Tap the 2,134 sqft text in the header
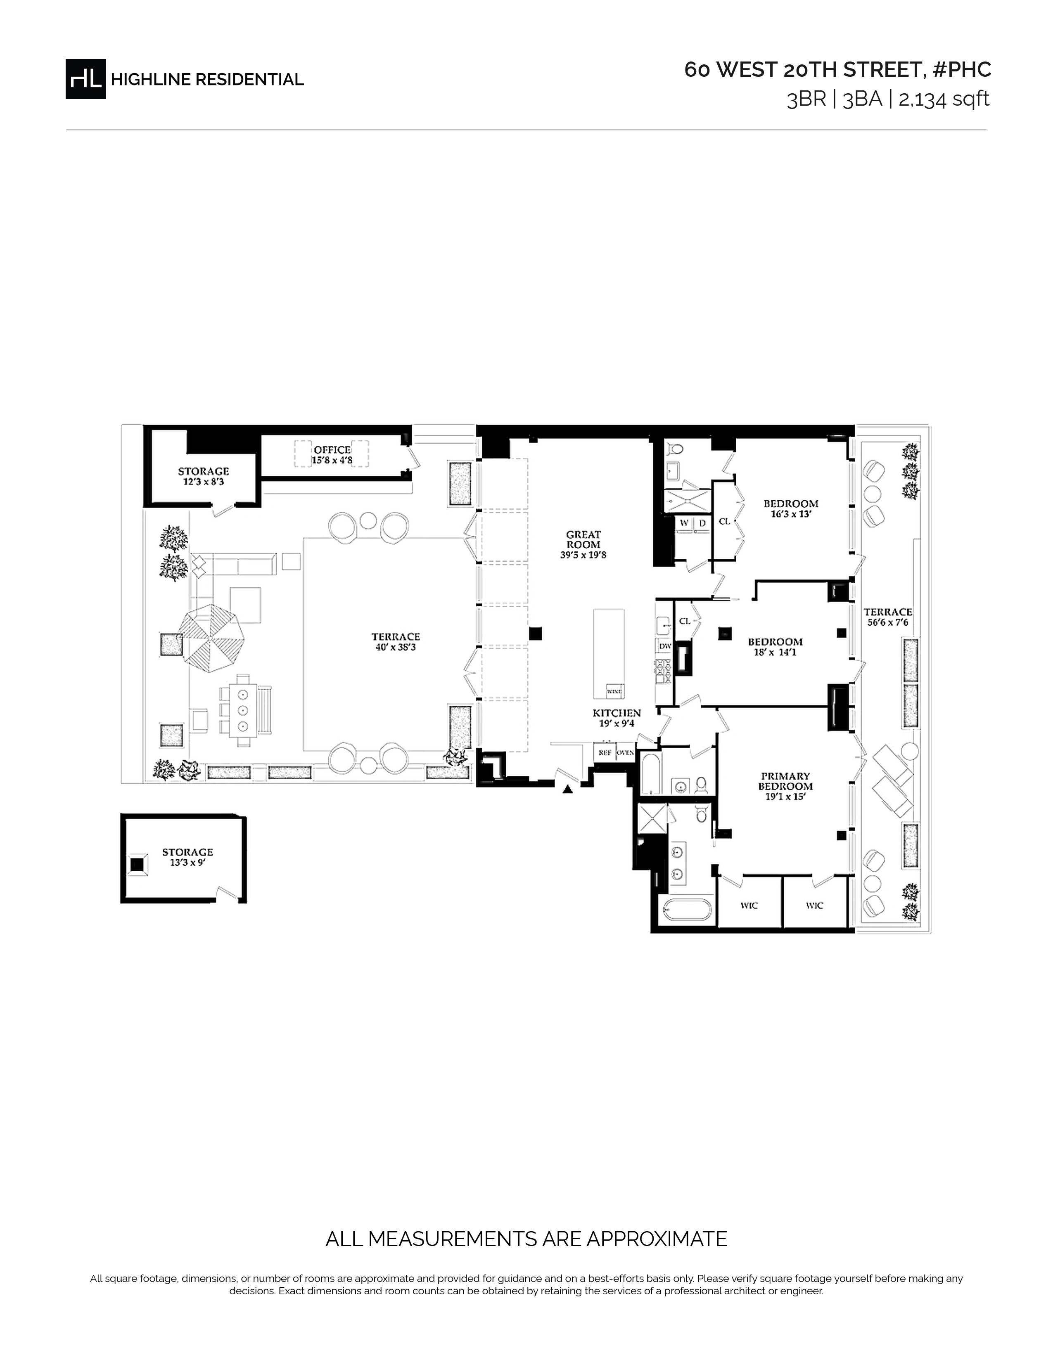coord(944,99)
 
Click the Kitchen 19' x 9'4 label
coord(617,718)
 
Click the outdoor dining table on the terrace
coord(243,710)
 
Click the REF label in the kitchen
coord(605,753)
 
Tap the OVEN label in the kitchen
coord(626,753)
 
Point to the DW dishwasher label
coord(665,646)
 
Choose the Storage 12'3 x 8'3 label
coord(203,476)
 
